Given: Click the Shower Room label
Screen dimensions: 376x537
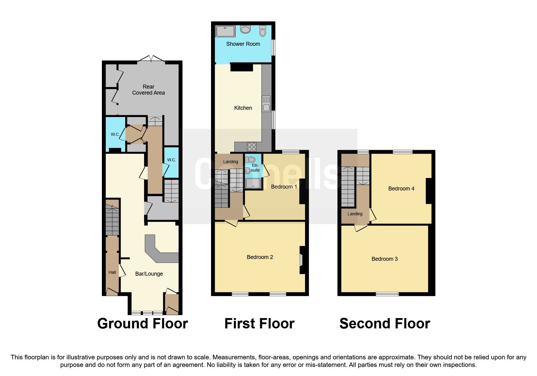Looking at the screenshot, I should (243, 44).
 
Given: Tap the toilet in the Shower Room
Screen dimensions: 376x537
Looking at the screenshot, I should (263, 31).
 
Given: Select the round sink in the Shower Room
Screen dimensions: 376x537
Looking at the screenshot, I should (245, 29).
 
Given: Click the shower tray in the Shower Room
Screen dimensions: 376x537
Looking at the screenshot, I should (225, 31).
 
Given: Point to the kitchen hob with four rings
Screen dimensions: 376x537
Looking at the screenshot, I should (252, 147).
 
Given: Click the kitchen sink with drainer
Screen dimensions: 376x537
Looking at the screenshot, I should (266, 103).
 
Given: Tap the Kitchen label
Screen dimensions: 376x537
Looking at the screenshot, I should (243, 108).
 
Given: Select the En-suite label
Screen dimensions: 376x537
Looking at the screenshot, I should (255, 168).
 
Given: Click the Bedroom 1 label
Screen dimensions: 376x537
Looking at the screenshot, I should (284, 187).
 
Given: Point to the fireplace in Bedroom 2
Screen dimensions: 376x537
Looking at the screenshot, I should (302, 260).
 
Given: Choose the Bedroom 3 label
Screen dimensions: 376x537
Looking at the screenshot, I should (384, 259).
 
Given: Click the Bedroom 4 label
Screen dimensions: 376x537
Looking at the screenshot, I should (401, 189).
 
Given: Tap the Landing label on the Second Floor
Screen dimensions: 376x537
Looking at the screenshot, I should (355, 214).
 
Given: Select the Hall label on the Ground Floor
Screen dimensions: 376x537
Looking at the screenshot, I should (112, 272).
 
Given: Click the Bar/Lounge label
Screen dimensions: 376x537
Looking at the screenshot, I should (149, 274).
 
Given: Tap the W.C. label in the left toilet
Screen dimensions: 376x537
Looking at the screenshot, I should (115, 134).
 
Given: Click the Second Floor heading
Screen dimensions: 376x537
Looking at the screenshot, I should (384, 324).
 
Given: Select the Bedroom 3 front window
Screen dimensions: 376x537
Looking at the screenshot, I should (387, 294).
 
